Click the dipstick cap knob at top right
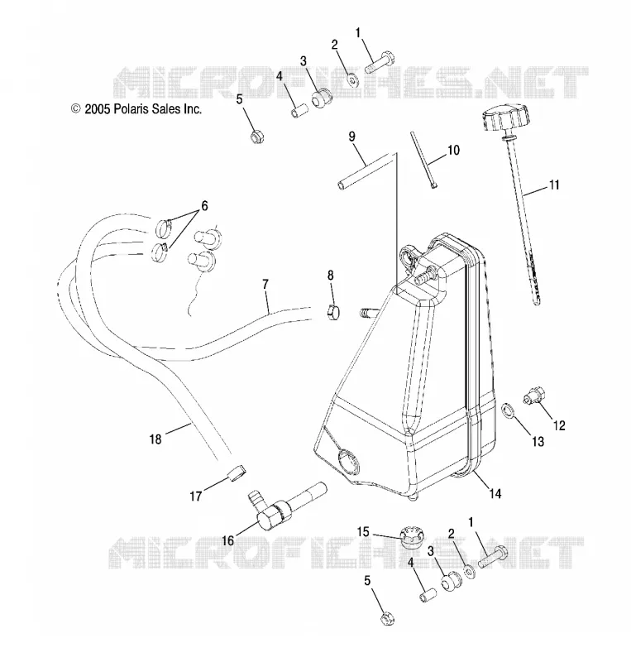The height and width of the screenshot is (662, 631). pos(504,119)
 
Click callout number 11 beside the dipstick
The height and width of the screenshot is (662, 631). pos(554,185)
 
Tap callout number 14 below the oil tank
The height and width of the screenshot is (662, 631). pos(495,492)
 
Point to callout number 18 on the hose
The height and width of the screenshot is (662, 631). pos(155,439)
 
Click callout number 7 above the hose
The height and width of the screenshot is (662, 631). pos(265,284)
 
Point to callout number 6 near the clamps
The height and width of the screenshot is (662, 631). pos(204,206)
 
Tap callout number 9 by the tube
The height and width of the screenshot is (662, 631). pos(351,137)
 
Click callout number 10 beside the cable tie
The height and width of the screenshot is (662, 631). pos(453,151)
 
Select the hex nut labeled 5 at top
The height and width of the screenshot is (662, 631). pos(256,136)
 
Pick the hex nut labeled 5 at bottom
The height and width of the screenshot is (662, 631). pos(387,618)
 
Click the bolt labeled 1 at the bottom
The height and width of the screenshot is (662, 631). pos(493,555)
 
